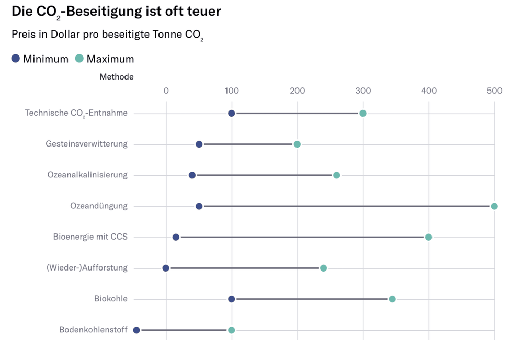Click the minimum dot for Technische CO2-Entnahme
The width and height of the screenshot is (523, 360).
tap(232, 114)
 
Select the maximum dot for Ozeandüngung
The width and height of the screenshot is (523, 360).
tap(494, 206)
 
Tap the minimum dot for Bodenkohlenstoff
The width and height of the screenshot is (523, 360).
tap(137, 330)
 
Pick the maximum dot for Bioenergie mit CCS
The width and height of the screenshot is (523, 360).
tap(429, 237)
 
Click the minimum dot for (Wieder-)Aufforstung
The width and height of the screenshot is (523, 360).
tap(166, 268)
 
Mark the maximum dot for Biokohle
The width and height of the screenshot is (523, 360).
tap(392, 299)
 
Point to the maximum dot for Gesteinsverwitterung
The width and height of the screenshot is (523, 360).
tap(297, 144)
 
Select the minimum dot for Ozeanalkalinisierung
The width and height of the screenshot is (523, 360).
tap(192, 175)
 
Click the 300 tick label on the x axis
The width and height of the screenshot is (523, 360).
tap(363, 91)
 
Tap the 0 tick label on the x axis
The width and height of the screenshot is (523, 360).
tap(166, 91)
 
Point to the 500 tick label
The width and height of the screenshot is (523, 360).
tap(494, 91)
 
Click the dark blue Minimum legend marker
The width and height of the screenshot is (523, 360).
tap(16, 59)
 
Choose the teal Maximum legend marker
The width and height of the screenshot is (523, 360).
tap(79, 59)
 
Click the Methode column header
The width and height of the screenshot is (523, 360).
tap(116, 77)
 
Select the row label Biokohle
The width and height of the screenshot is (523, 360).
tap(110, 299)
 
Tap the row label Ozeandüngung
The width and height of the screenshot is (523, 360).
tap(98, 206)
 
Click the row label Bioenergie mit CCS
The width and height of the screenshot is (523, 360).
tap(90, 237)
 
